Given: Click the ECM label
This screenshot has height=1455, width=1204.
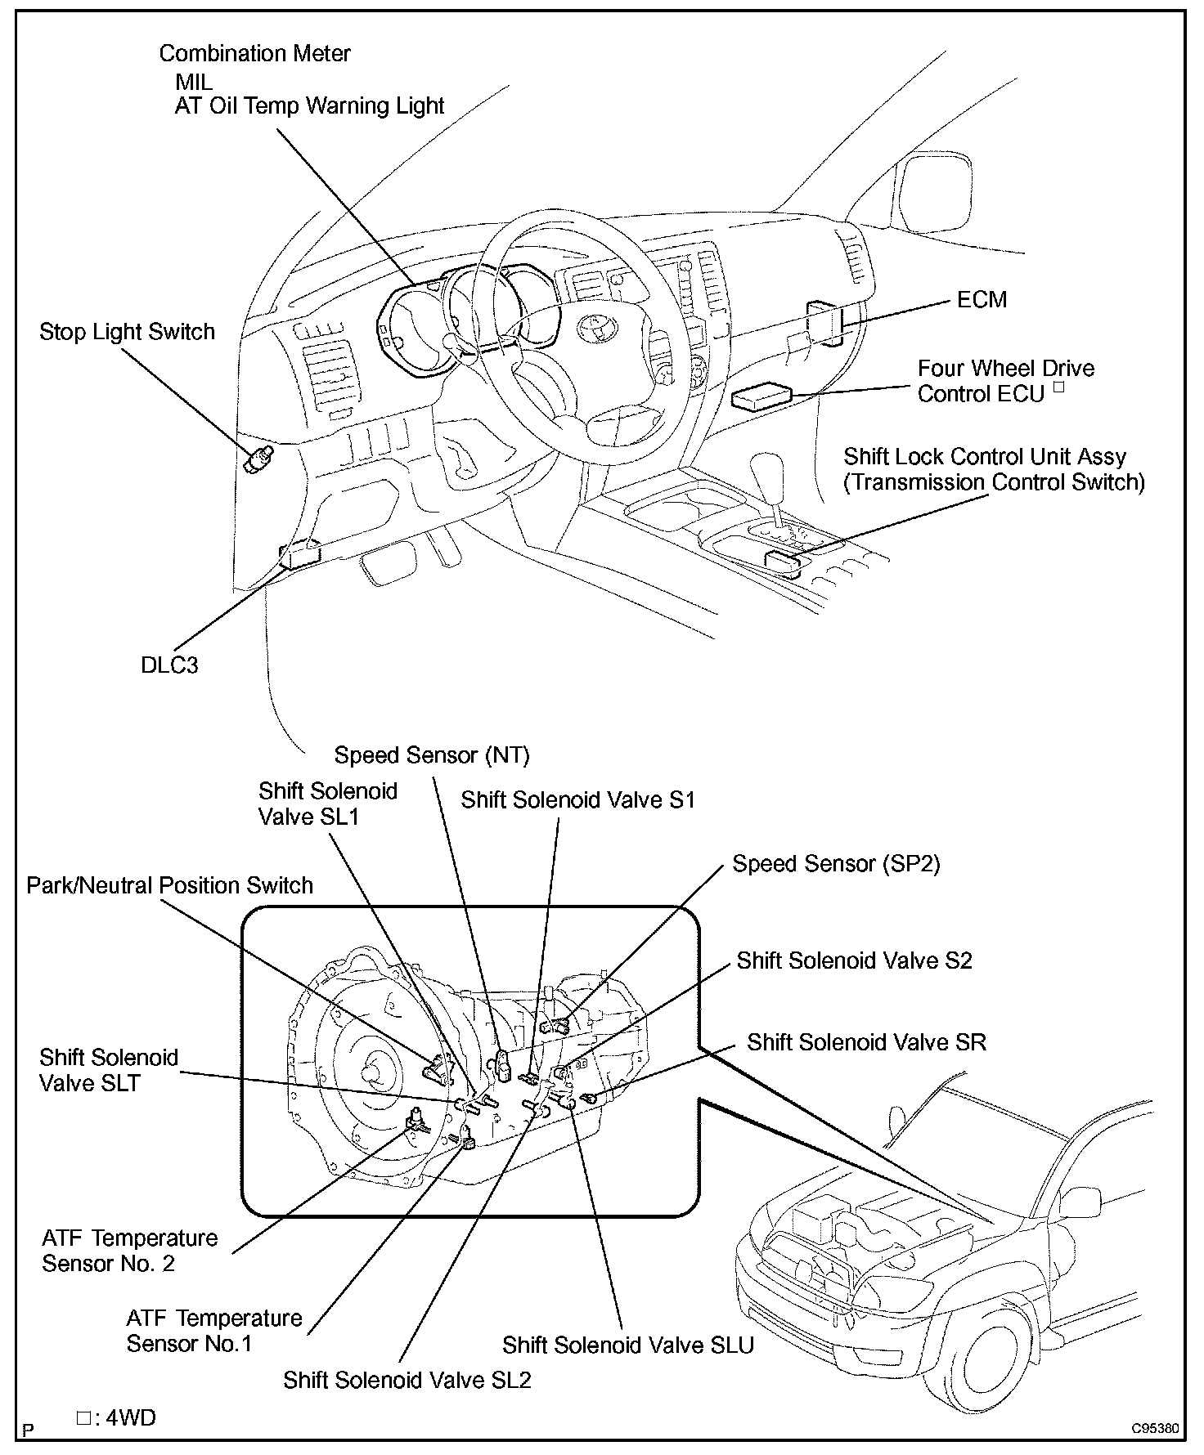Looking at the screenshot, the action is point(982,300).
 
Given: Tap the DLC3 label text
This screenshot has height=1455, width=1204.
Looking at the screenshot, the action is point(169,665).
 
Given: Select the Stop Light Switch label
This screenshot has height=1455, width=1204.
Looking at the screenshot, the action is point(128,332).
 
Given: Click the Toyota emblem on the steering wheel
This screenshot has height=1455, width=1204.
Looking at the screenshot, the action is point(591,327).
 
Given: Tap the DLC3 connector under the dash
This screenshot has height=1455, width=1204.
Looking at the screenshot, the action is point(300,553).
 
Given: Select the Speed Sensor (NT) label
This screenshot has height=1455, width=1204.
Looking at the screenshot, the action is point(432,755).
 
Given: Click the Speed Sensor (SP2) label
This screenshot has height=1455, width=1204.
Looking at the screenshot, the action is point(836,863).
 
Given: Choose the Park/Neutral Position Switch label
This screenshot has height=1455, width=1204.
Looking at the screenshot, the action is point(170,885).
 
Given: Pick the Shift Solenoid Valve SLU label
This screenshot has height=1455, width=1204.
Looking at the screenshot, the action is point(628,1345).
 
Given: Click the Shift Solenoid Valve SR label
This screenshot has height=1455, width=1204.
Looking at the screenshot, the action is point(866,1042).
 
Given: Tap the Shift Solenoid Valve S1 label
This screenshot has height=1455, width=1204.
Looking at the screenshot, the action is point(577,799).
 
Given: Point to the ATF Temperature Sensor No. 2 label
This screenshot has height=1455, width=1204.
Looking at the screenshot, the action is point(130,1251).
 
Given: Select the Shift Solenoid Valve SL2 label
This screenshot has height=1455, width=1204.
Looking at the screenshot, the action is point(407,1380).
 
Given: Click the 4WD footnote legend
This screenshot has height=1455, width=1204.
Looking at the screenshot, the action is point(116,1417).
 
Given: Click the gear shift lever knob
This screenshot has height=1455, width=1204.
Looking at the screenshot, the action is point(768,469).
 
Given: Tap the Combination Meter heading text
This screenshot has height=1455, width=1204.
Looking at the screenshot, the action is point(255,53).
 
